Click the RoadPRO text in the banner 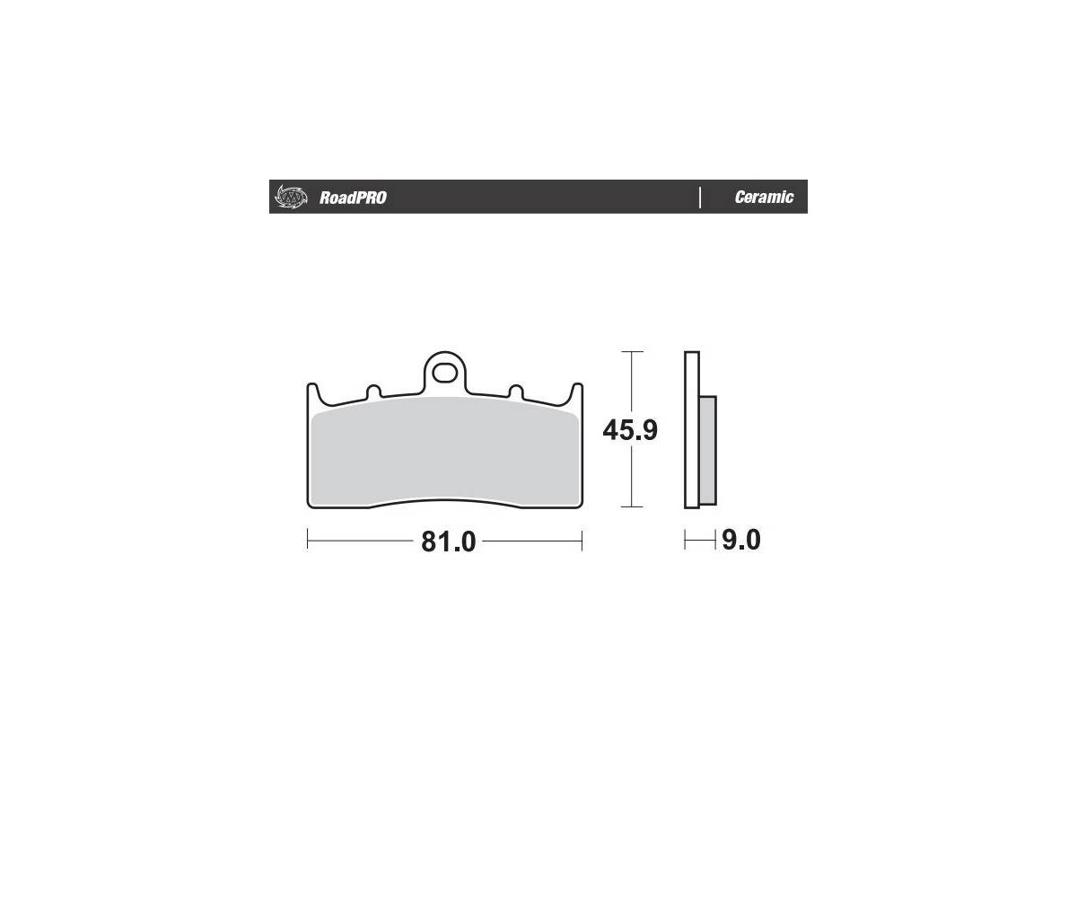(353, 198)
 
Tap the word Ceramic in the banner (764, 198)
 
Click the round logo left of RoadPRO (292, 197)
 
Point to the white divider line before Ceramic (700, 198)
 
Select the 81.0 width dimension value (448, 541)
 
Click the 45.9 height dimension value (630, 430)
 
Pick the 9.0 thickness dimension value (741, 541)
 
